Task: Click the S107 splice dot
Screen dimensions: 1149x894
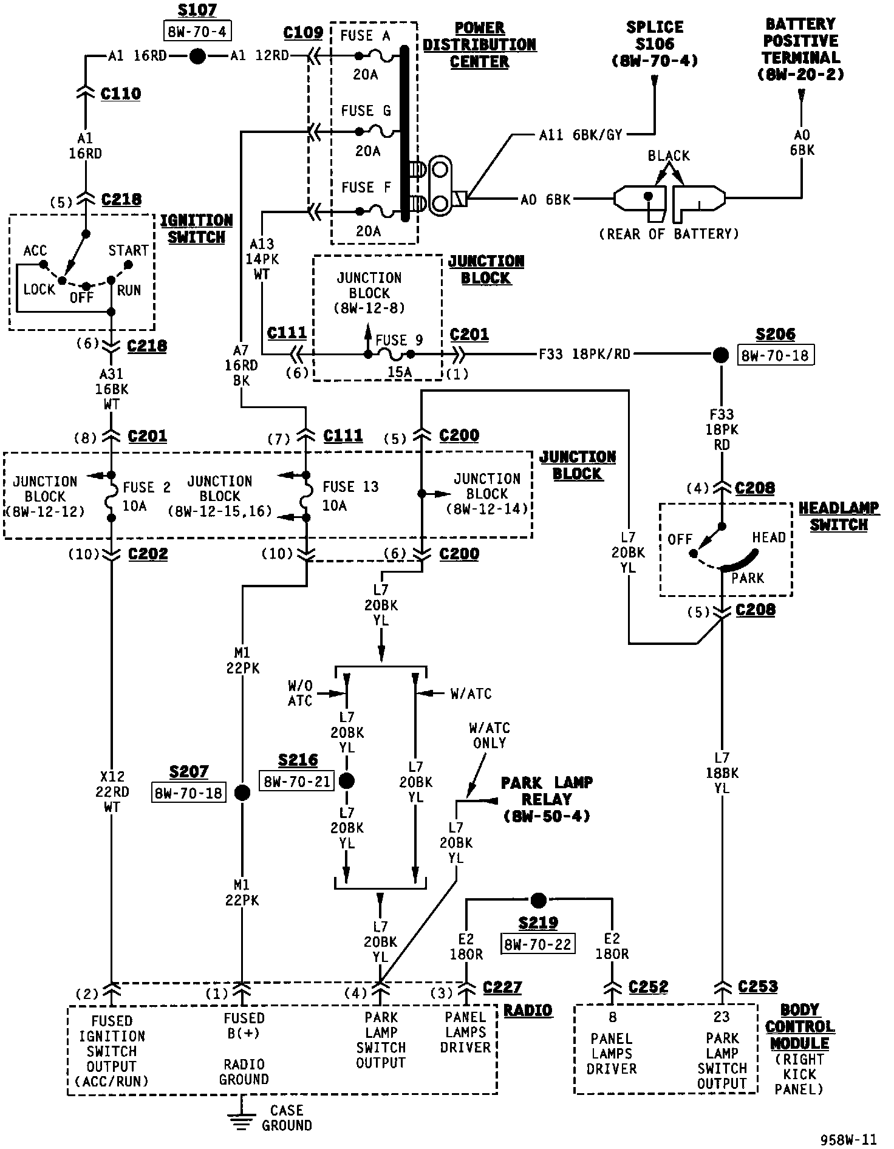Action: (x=197, y=56)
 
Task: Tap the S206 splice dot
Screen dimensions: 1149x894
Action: (x=720, y=354)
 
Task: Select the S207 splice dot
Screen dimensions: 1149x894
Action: (x=242, y=793)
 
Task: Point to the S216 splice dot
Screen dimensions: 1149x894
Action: (x=347, y=781)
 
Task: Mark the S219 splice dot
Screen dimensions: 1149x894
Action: (x=538, y=899)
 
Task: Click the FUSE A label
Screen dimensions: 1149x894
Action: (x=365, y=36)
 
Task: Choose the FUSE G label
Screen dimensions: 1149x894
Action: (x=366, y=111)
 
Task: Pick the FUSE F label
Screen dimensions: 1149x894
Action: (x=366, y=188)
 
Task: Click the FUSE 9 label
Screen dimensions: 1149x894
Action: (x=399, y=340)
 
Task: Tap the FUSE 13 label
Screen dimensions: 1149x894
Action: (x=350, y=487)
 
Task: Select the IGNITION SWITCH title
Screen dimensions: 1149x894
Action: (x=196, y=229)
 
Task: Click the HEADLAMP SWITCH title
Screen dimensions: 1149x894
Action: (x=838, y=517)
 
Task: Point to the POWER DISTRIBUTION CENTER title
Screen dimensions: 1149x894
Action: (x=480, y=45)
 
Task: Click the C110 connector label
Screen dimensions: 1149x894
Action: (x=121, y=94)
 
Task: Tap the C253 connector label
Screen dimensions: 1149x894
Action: (x=758, y=987)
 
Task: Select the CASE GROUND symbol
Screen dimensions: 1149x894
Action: (x=242, y=1119)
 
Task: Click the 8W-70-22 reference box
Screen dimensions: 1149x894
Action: (x=538, y=944)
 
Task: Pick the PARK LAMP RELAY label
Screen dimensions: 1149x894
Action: (x=547, y=799)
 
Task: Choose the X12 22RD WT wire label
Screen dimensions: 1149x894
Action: (x=112, y=792)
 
